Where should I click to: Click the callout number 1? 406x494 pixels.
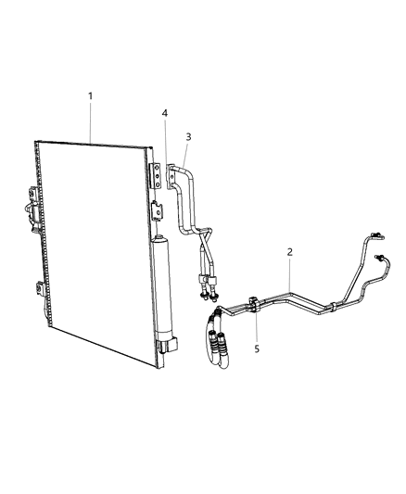[x=90, y=96]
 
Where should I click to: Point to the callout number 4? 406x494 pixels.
[x=164, y=114]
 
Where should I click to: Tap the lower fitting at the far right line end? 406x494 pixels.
[x=380, y=259]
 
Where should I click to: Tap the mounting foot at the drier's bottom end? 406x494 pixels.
[x=167, y=346]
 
